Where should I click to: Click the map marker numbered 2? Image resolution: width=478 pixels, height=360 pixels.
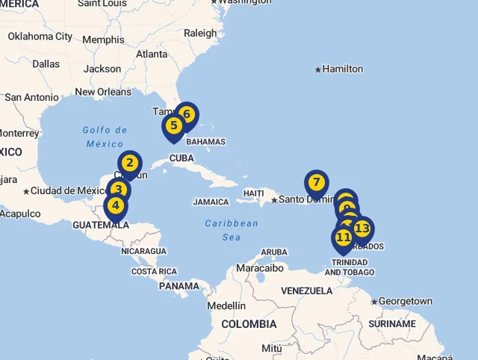coord(130,163)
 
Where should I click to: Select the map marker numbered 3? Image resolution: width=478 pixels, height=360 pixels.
coord(118,190)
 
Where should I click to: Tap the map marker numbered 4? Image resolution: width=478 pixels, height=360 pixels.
coord(115,205)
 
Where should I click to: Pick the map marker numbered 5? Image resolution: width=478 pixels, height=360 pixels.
coord(173,125)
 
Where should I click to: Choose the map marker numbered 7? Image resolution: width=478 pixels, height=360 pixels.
coord(317,182)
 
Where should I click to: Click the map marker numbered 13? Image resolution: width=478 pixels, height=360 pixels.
coord(362,229)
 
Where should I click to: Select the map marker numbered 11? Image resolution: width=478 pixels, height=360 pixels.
coord(343,238)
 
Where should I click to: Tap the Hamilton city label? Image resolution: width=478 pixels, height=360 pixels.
coord(342,69)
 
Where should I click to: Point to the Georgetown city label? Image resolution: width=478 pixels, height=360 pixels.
coord(406,301)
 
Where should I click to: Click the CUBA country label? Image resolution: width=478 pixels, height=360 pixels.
coord(182,158)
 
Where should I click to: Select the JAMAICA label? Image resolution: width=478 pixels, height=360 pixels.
coord(211,202)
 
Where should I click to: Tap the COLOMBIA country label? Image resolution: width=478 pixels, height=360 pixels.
coord(249,324)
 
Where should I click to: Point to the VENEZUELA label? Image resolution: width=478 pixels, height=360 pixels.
coord(306,290)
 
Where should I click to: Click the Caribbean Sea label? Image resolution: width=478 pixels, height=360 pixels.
coord(232,230)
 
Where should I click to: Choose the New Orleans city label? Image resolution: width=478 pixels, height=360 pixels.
coord(103,92)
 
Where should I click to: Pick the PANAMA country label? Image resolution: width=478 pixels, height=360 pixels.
coord(179,286)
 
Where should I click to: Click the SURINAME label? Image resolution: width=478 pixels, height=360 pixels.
coord(392,324)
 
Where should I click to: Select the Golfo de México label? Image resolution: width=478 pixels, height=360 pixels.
coord(105,137)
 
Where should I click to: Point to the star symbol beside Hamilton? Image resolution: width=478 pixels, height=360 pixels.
coord(317,69)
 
